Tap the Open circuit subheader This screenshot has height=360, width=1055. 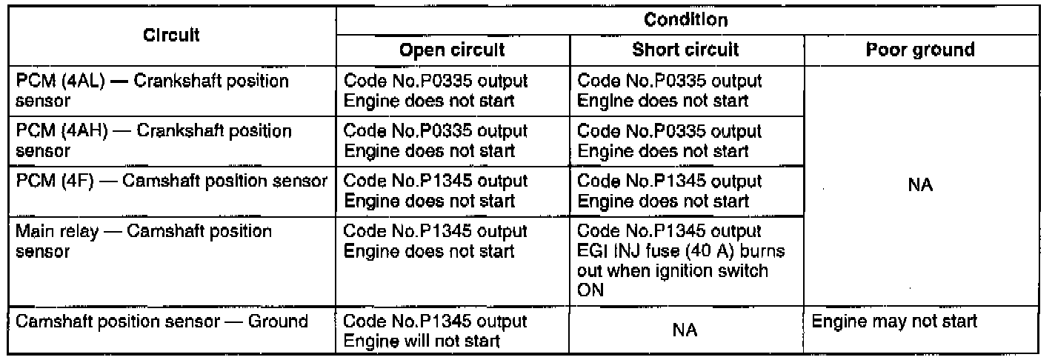pos(452,50)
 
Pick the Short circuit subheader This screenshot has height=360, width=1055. pos(686,50)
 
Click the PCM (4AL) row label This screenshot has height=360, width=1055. pos(151,89)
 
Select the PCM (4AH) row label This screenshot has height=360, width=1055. pos(151,140)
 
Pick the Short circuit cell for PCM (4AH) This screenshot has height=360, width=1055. pos(669,140)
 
